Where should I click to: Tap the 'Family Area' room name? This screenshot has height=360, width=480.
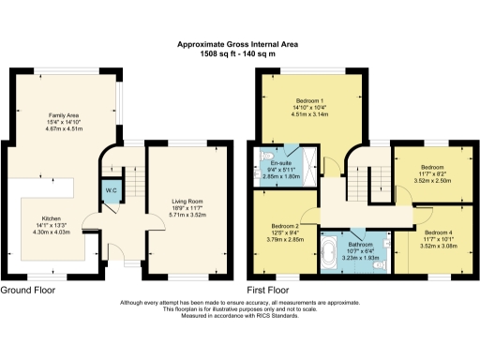click(64, 114)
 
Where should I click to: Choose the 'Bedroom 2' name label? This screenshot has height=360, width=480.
click(284, 226)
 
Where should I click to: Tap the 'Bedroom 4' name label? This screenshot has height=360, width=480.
click(438, 232)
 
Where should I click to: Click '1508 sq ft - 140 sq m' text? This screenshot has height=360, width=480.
click(240, 52)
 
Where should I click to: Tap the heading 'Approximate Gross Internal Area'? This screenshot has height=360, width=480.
click(240, 43)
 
